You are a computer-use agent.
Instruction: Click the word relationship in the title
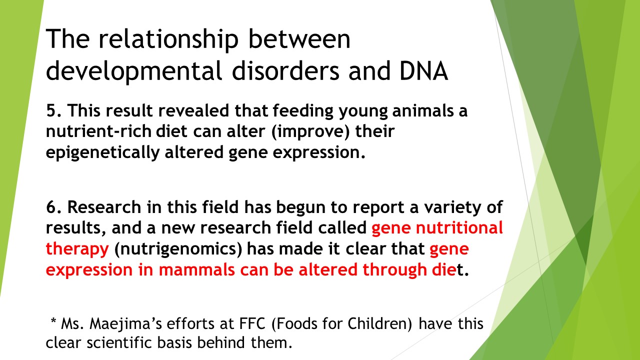168,39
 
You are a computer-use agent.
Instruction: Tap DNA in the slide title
423,70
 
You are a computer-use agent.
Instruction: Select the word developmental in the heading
134,71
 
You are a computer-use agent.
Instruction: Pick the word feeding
303,111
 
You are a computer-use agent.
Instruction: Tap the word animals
422,110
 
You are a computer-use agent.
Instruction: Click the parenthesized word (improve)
310,132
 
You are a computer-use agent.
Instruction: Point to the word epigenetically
102,153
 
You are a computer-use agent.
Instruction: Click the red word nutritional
459,227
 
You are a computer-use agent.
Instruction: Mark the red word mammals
196,270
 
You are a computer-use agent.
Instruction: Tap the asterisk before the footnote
53,320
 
